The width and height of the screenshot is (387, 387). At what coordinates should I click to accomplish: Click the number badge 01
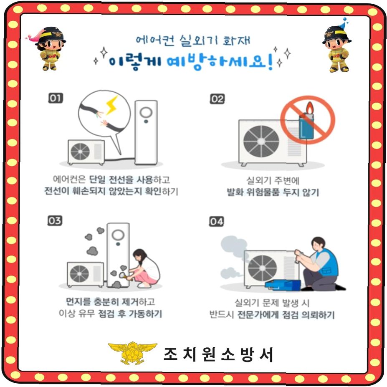click(55, 98)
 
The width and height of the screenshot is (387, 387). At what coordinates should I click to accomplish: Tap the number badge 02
click(217, 99)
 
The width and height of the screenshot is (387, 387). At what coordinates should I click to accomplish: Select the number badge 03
click(55, 220)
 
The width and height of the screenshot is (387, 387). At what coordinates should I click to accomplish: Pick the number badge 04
click(216, 221)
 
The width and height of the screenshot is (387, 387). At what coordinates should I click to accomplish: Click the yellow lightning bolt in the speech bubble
click(112, 105)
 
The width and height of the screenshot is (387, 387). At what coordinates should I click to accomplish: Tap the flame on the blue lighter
click(310, 108)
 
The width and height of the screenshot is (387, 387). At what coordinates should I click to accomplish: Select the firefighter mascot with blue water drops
click(337, 47)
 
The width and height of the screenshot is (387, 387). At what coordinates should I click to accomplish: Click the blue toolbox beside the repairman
click(283, 285)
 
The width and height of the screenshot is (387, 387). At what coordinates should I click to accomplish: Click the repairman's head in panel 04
click(318, 244)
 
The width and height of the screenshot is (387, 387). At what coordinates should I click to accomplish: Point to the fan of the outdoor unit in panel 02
click(261, 141)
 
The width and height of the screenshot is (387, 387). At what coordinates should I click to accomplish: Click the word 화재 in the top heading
click(236, 40)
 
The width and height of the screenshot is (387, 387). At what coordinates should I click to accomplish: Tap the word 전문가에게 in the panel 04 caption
click(258, 315)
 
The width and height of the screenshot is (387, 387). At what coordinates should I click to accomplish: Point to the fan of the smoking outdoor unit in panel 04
click(262, 268)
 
